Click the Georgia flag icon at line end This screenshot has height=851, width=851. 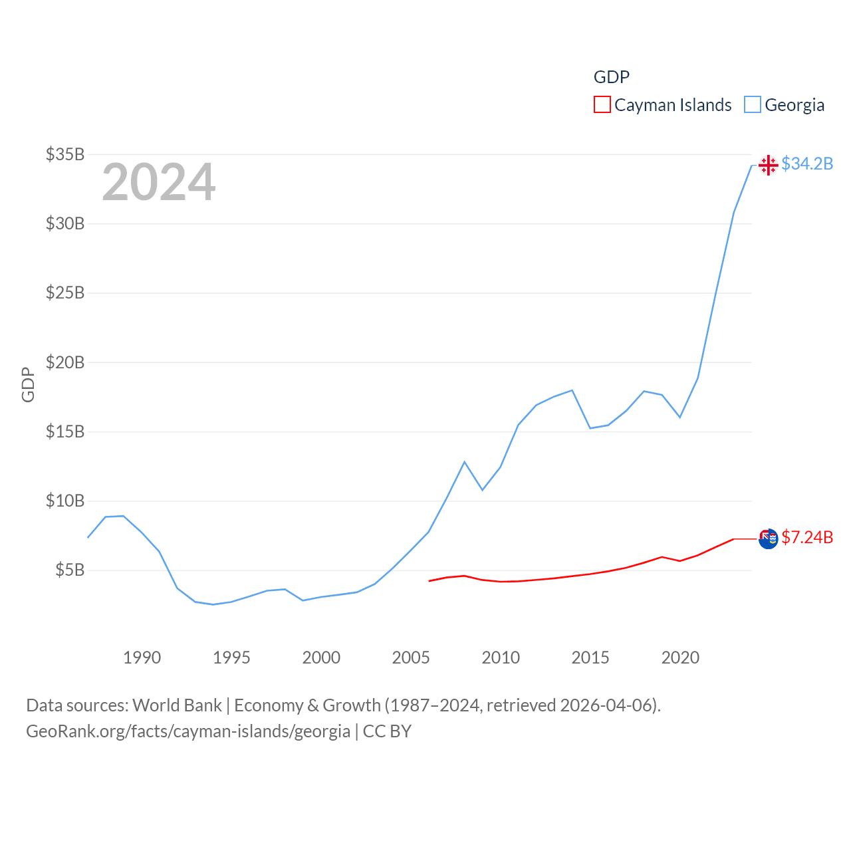[x=768, y=165]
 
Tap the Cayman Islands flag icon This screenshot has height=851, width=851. [x=768, y=539]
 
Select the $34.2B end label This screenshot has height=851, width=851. [x=807, y=164]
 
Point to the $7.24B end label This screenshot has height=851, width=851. [x=807, y=537]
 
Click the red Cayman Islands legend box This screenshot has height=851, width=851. [x=602, y=105]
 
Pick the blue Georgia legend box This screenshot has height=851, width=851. [x=752, y=105]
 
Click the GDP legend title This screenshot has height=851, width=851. [x=611, y=77]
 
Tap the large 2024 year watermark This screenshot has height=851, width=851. [x=158, y=182]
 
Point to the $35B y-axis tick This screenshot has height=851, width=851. [x=65, y=154]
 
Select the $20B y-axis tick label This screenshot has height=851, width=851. [x=65, y=362]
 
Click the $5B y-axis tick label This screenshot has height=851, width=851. [x=70, y=570]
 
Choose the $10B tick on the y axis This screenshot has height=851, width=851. [x=65, y=501]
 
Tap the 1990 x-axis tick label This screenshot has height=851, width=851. [x=142, y=658]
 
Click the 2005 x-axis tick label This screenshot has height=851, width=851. [x=411, y=658]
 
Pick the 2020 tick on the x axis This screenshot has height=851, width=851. [x=680, y=658]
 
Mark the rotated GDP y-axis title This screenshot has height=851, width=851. [x=28, y=384]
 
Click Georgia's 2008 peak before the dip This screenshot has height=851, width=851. [x=465, y=461]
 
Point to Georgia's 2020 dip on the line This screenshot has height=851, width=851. [x=679, y=417]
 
